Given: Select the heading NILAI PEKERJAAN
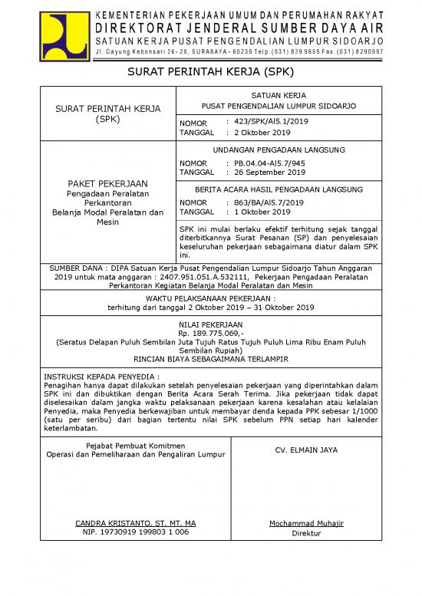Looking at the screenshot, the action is point(210,325).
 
